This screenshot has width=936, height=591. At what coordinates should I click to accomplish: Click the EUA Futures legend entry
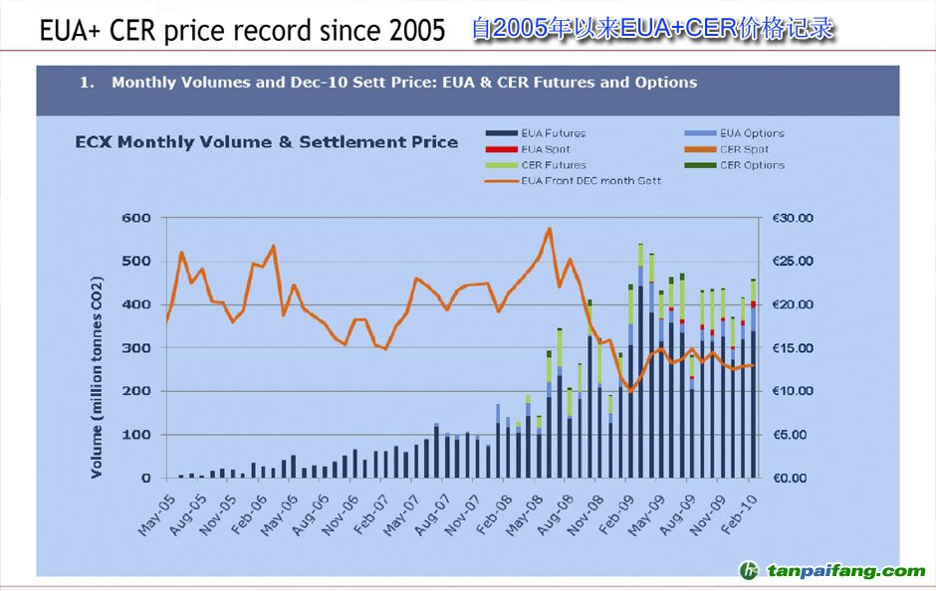pos(553,133)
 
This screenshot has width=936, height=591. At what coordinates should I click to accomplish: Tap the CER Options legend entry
pos(751,165)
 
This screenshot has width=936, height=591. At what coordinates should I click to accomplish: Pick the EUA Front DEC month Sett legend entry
pos(590,181)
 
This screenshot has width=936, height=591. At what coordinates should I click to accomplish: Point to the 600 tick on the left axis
pos(137,218)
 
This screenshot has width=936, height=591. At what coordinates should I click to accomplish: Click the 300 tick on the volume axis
pos(137,348)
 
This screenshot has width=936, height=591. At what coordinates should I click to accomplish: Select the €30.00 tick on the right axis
pos(792,218)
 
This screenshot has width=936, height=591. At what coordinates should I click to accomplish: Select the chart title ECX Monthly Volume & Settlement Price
pos(267,142)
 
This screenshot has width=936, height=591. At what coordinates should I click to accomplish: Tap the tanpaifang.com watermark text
pos(845,571)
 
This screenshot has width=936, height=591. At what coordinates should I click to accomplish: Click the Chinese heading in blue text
pos(652,29)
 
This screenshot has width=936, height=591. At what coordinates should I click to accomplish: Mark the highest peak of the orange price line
pos(549,229)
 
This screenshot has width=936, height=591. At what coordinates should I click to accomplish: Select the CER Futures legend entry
pos(553,165)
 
